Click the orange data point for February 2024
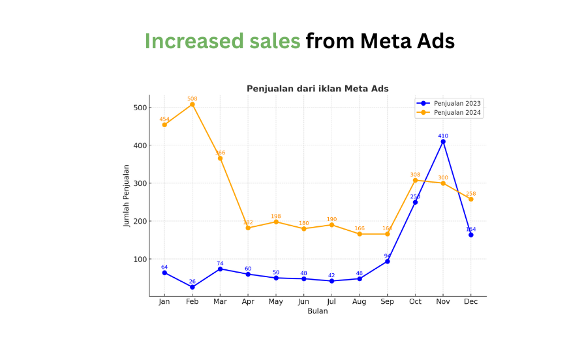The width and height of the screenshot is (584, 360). pyautogui.click(x=192, y=104)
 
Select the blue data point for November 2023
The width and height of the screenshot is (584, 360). pyautogui.click(x=443, y=142)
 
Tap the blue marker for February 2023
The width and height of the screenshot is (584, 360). pyautogui.click(x=192, y=287)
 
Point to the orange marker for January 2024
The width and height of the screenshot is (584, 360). pyautogui.click(x=164, y=125)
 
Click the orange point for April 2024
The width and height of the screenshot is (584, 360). pyautogui.click(x=248, y=228)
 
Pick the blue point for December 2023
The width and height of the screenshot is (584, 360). pyautogui.click(x=470, y=235)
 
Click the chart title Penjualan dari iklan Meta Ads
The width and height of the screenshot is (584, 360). pyautogui.click(x=317, y=89)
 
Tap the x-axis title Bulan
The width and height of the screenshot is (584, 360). pyautogui.click(x=317, y=311)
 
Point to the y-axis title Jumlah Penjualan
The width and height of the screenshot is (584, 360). pyautogui.click(x=127, y=195)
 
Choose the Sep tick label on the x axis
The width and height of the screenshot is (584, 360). pyautogui.click(x=387, y=302)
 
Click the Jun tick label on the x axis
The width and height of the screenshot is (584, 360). pyautogui.click(x=303, y=302)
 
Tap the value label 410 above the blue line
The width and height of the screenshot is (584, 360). pyautogui.click(x=443, y=136)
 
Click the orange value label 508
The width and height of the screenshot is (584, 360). pyautogui.click(x=192, y=98)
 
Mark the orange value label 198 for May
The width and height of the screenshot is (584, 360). pyautogui.click(x=276, y=216)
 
